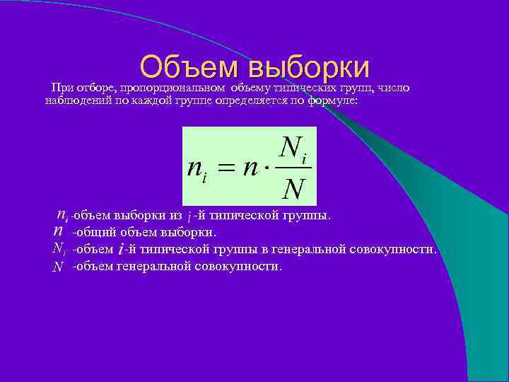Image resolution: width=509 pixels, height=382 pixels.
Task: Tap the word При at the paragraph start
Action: [x=59, y=88]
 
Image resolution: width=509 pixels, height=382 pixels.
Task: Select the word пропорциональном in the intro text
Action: [x=173, y=88]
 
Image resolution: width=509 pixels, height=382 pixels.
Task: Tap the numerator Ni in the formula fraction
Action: [x=293, y=150]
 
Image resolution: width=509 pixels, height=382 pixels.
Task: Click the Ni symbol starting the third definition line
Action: [x=59, y=249]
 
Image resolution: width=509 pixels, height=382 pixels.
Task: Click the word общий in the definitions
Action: [x=94, y=232]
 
